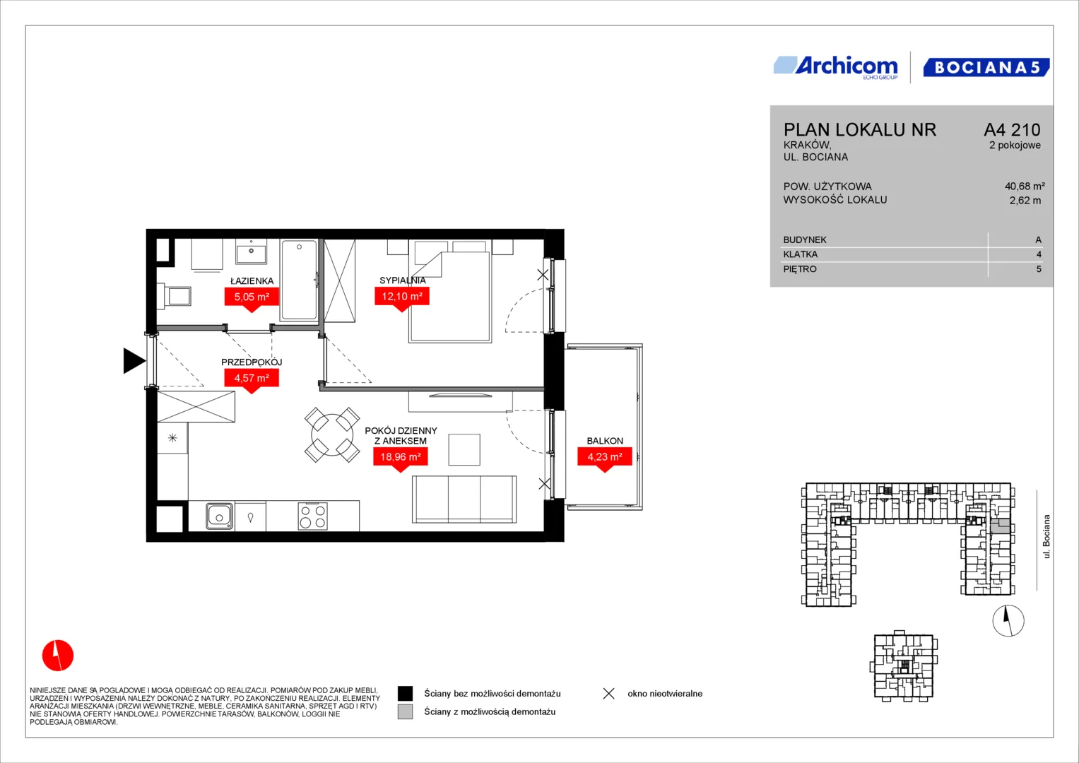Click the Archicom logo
pos(836,68)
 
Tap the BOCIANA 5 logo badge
pos(986,67)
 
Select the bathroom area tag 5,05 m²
pos(252,299)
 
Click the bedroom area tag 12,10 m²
pos(402,299)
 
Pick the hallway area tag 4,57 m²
pos(252,381)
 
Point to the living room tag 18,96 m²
pos(400,459)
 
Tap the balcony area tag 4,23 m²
pos(605,459)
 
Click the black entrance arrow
pos(134,361)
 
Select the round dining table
pos(332,435)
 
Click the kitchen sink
pos(220,516)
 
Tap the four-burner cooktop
pos(312,516)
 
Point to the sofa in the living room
pos(464,499)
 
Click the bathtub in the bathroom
pos(299,280)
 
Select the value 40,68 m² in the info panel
pos(1025,186)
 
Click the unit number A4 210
pos(1012,129)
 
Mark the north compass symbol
pos(1008,620)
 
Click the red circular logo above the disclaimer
pos(58,655)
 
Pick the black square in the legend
pos(405,693)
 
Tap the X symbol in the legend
pos(609,694)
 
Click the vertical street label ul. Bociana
pos(1046,537)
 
